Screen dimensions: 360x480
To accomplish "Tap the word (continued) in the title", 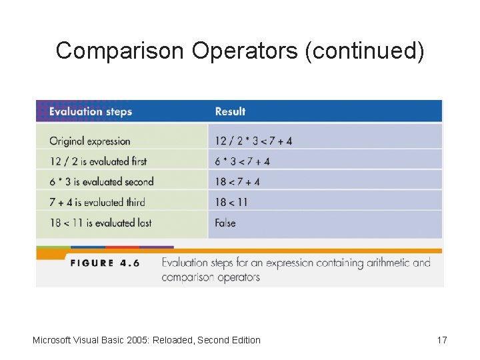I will [364, 51].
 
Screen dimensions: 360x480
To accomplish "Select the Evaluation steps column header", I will [91, 111].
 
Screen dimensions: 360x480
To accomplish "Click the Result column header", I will [230, 111].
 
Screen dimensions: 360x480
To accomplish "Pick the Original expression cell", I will [89, 141].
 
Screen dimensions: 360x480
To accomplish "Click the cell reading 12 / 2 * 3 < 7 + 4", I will [253, 141].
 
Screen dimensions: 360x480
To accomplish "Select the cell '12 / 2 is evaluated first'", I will [98, 161].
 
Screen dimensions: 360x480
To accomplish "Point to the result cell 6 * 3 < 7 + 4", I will [242, 161].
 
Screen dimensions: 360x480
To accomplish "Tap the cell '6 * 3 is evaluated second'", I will [101, 181].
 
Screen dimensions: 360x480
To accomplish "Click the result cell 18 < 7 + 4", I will [237, 181].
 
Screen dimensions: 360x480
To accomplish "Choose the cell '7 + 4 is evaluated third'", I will [97, 202].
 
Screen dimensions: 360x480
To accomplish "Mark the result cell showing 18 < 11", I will [231, 202].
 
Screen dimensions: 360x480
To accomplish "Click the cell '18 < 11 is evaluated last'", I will [100, 223].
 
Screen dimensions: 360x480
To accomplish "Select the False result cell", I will [225, 223].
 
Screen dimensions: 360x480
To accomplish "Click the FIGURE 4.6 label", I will [105, 263].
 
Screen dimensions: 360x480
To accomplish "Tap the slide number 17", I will [442, 340].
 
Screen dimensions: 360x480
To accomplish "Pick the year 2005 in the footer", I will [137, 340].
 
